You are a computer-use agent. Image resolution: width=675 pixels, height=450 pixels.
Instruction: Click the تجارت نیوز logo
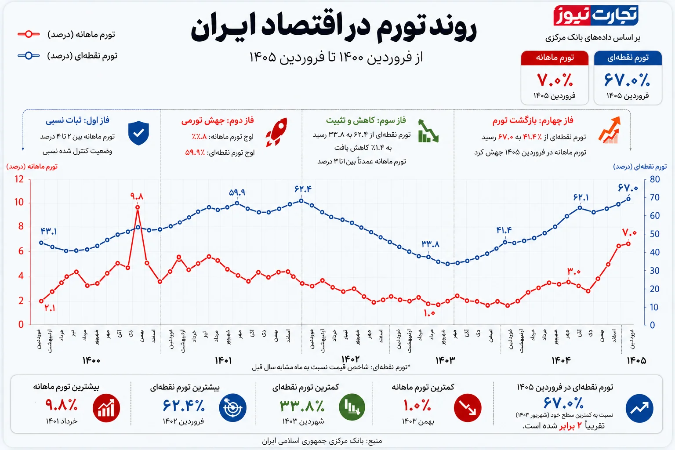point(595,16)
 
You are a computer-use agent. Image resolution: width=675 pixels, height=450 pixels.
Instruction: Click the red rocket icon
point(277,132)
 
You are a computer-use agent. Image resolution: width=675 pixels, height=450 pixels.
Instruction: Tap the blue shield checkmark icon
point(138,133)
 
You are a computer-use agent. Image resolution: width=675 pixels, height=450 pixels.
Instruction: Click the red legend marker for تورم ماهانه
point(29,34)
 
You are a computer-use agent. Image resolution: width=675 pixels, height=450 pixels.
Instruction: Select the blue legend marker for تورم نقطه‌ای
point(29,56)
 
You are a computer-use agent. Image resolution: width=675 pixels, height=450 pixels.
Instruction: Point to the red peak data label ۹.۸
point(137,196)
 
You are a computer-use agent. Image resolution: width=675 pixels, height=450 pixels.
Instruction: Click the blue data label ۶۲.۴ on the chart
point(303,189)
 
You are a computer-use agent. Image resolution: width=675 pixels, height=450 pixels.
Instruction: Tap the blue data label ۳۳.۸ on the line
point(430,244)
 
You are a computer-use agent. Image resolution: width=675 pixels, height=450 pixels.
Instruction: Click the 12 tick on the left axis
point(19,179)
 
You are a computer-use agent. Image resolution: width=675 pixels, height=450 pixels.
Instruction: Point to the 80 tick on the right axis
point(654,179)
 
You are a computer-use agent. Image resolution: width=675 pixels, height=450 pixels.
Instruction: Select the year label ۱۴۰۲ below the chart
point(350,359)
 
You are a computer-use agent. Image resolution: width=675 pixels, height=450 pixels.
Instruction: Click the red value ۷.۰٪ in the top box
point(555,80)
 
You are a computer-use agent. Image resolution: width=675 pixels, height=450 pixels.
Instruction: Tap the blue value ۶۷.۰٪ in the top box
point(627,80)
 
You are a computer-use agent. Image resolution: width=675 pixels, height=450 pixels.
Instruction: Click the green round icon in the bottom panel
point(352,407)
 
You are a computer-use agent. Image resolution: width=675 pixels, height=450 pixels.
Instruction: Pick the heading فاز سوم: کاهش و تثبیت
point(366,120)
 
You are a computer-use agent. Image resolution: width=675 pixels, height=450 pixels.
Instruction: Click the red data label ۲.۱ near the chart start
point(50,308)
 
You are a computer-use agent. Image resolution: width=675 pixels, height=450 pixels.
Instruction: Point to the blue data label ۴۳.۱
point(48,231)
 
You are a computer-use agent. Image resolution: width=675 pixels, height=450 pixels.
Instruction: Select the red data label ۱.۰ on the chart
point(429,313)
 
